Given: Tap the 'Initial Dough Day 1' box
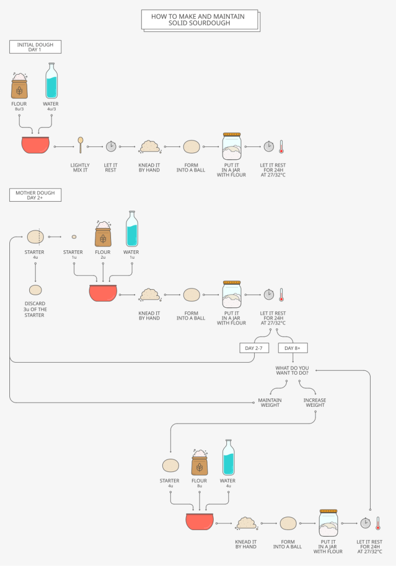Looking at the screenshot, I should pyautogui.click(x=35, y=47).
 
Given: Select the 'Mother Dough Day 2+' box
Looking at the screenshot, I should pyautogui.click(x=35, y=195).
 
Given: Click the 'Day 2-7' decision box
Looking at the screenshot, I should pyautogui.click(x=254, y=348).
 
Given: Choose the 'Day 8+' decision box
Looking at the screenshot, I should pyautogui.click(x=293, y=348).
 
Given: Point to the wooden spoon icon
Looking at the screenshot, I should pyautogui.click(x=81, y=144).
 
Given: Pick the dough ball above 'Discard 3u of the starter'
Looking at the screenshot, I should pyautogui.click(x=35, y=290).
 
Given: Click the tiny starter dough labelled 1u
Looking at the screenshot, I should pyautogui.click(x=74, y=237).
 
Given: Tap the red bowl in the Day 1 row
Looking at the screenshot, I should pyautogui.click(x=35, y=145).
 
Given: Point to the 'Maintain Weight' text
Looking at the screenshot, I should pyautogui.click(x=270, y=402).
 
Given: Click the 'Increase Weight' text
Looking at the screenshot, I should pyautogui.click(x=314, y=402).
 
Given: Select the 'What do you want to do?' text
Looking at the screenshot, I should pyautogui.click(x=292, y=370).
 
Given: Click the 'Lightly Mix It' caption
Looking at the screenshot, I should pyautogui.click(x=80, y=168).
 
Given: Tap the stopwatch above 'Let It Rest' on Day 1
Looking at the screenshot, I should pyautogui.click(x=111, y=146).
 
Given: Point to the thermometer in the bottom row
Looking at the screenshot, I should pyautogui.click(x=378, y=523).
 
